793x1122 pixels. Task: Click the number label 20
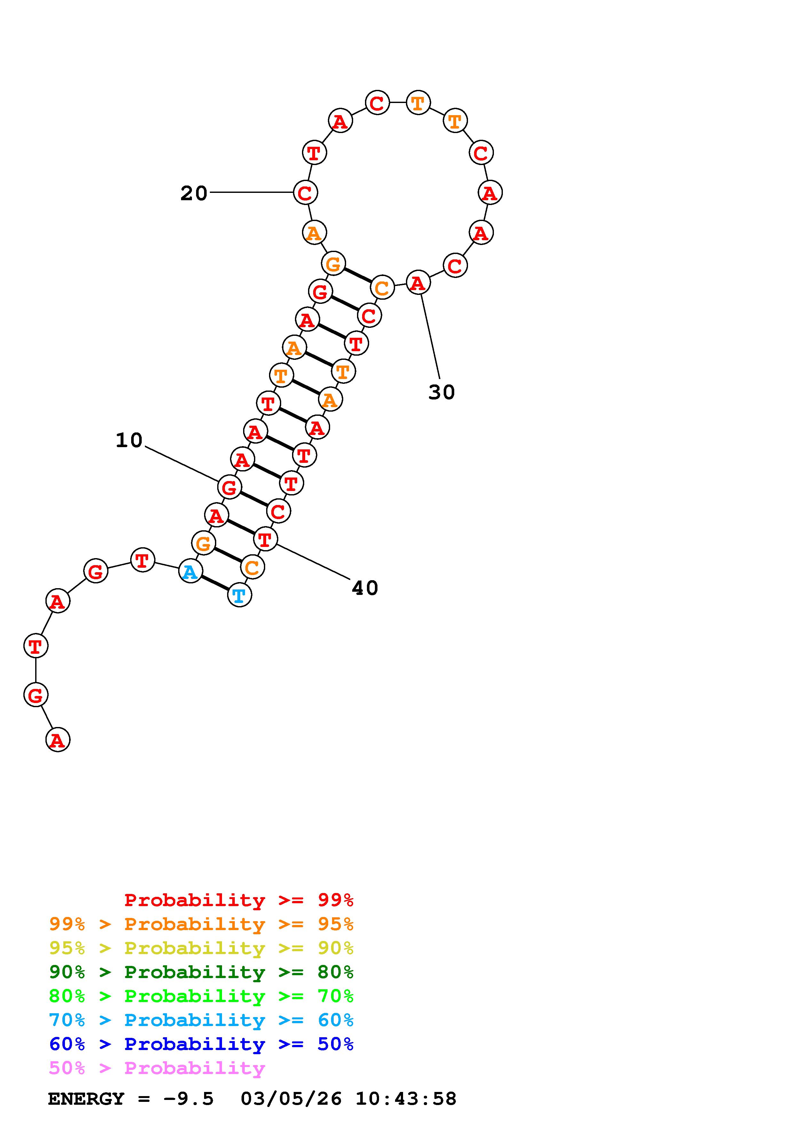click(194, 194)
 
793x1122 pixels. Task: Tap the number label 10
click(129, 440)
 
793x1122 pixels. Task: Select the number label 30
click(441, 392)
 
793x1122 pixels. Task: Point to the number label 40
click(364, 588)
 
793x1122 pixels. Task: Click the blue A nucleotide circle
click(191, 571)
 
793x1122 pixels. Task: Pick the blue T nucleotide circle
click(239, 595)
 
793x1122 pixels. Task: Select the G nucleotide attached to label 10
click(229, 487)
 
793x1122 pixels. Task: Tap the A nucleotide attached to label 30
click(418, 282)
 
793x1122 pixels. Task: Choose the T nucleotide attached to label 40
click(265, 540)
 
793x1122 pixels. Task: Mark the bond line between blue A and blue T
click(215, 583)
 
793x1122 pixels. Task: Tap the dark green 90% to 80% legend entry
click(201, 972)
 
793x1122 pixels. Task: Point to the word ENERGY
click(86, 1099)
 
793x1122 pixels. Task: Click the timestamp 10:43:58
click(406, 1099)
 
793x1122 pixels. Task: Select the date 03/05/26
click(291, 1099)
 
